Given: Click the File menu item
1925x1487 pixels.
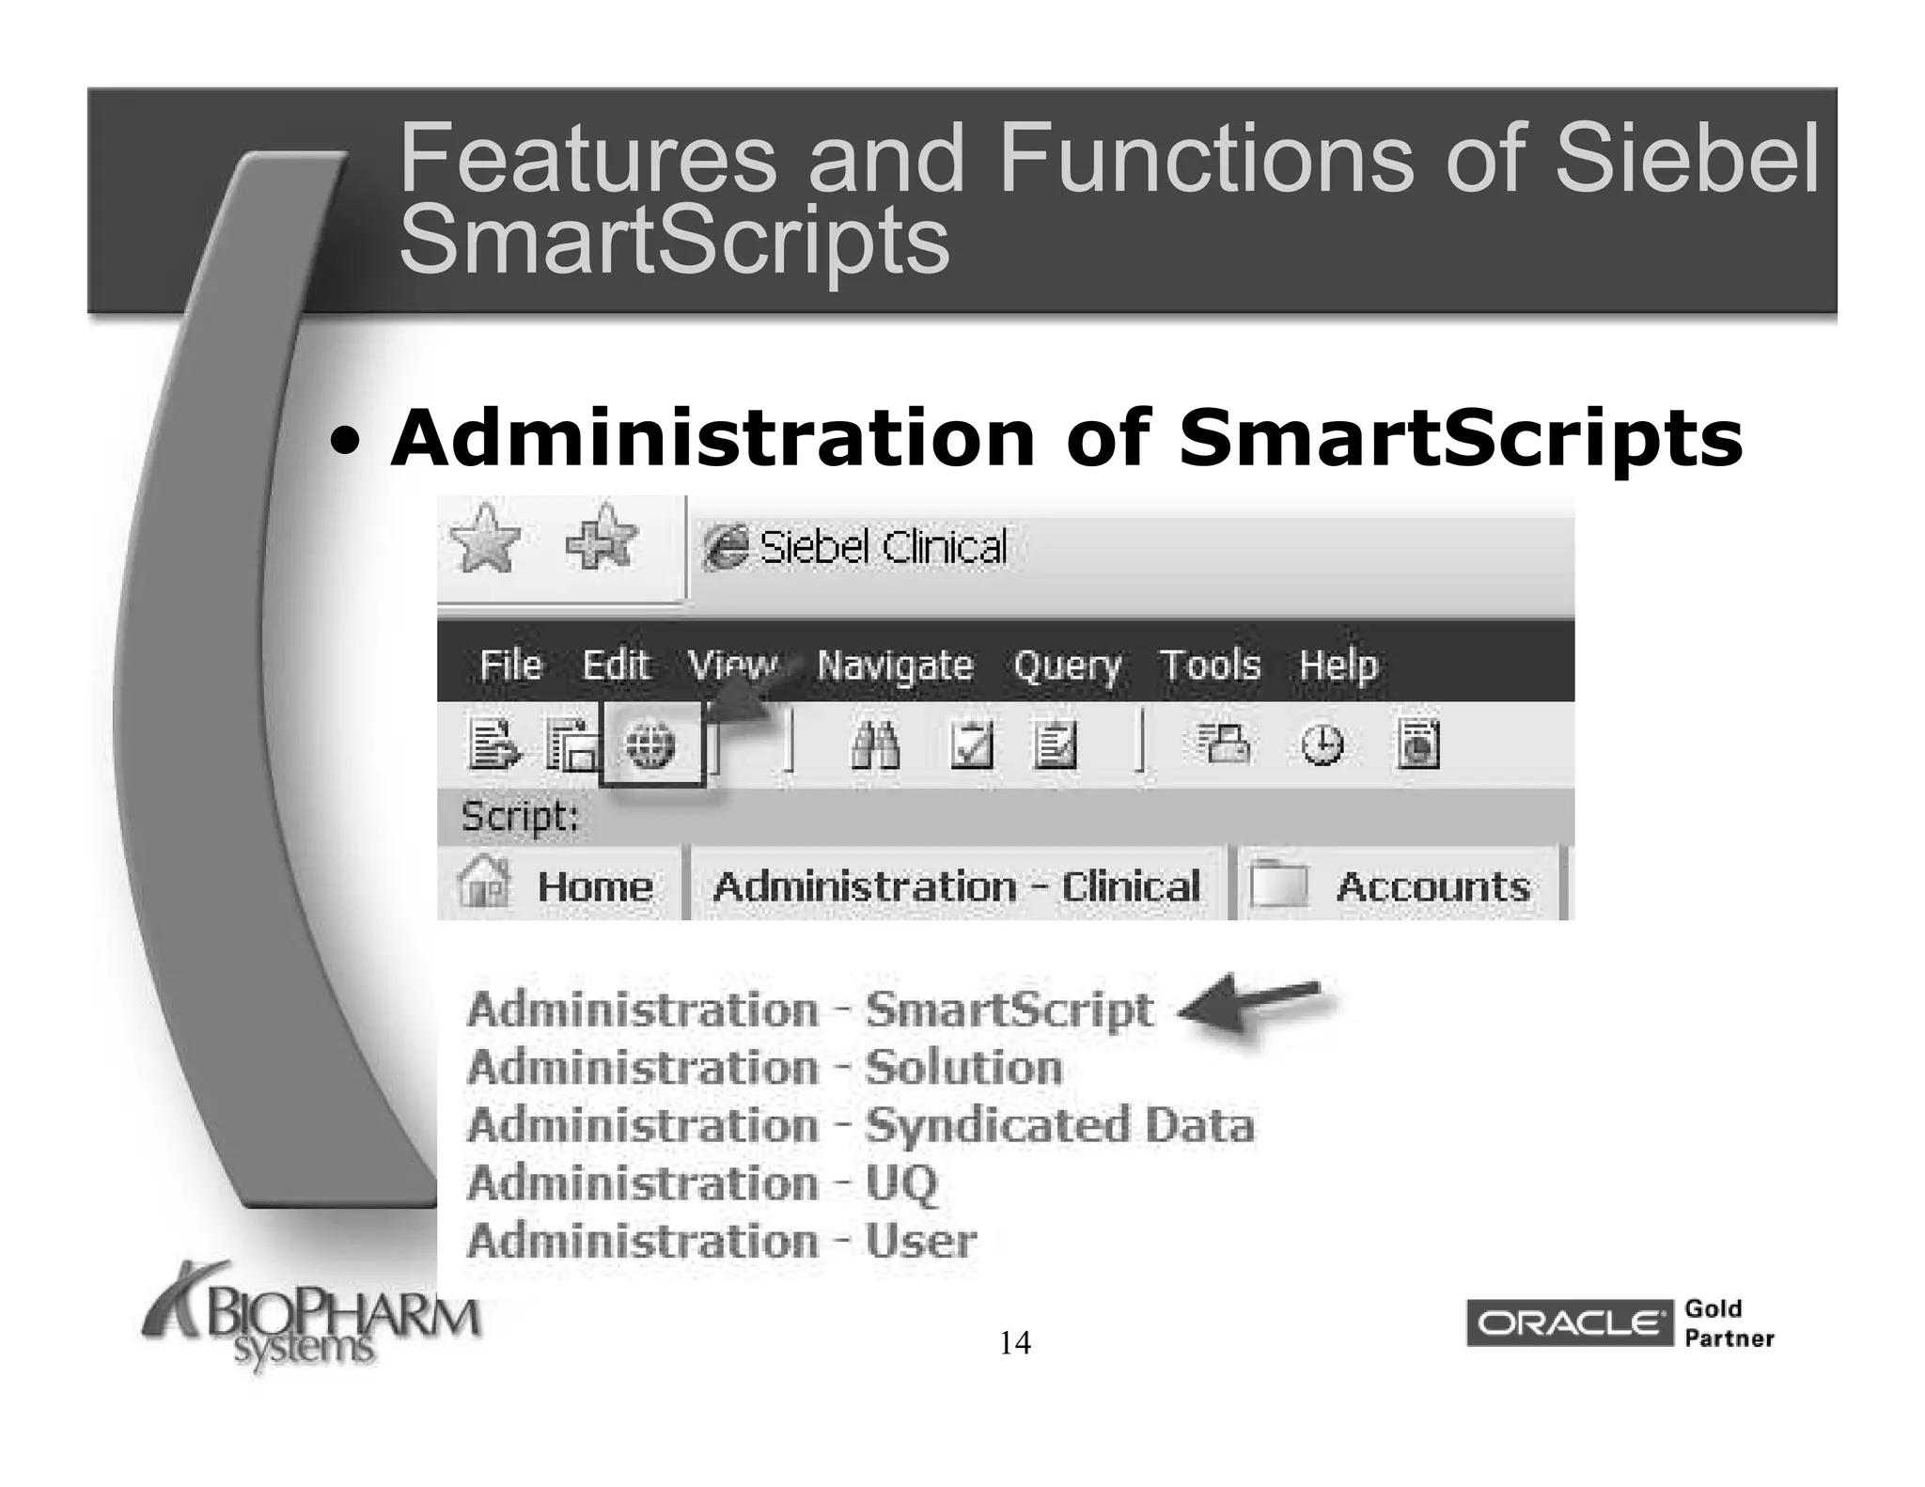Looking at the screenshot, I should point(510,665).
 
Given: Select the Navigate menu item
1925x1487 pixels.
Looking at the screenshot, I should point(894,665).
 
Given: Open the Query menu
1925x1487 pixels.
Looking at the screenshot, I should point(1067,666).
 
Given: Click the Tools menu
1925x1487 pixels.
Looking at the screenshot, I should point(1210,665).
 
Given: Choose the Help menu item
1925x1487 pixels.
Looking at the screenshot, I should point(1338,665).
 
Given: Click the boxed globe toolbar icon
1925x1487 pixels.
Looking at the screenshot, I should point(650,744).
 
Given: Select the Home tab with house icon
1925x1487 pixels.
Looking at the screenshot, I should point(558,885).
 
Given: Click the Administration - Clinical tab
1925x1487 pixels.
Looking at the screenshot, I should point(956,886).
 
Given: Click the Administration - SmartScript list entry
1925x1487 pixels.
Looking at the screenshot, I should point(809,1010).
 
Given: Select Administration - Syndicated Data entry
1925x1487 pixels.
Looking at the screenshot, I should point(860,1125).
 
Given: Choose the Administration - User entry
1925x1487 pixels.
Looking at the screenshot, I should point(721,1241).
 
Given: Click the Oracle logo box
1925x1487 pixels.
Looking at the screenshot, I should point(1568,1323).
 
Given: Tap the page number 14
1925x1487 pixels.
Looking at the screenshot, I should point(1014,1343).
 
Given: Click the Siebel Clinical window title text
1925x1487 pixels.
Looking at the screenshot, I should point(882,548).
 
